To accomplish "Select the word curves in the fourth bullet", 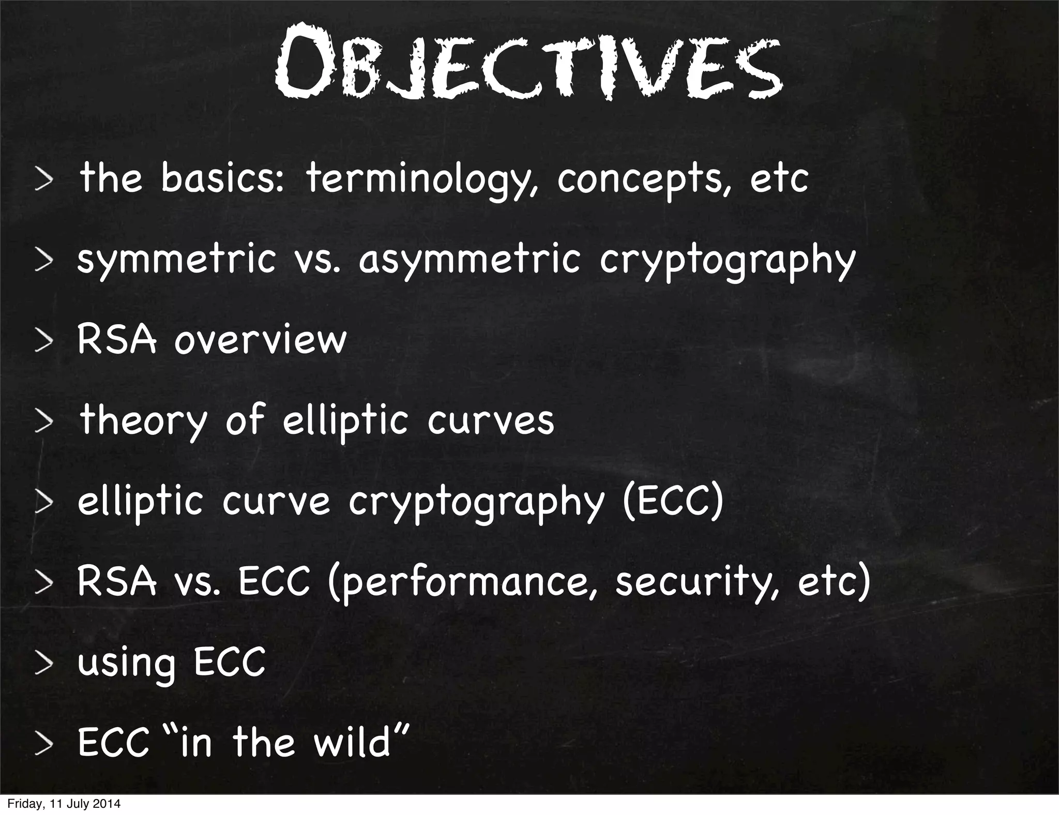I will pos(491,420).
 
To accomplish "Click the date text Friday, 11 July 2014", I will pos(64,804).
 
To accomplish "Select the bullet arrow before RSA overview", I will pos(44,342).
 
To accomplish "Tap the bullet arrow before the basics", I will pos(44,180).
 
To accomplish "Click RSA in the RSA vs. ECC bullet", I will pos(116,581).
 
